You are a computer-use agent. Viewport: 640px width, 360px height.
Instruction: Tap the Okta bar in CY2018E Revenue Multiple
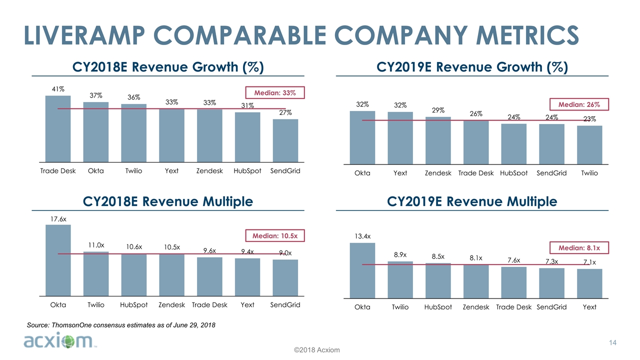coord(58,260)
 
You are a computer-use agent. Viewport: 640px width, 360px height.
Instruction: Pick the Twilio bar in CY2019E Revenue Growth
coord(589,144)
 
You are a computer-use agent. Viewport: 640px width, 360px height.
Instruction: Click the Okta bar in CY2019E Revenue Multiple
coord(362,270)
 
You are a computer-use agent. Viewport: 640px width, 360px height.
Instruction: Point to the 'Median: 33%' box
coord(275,92)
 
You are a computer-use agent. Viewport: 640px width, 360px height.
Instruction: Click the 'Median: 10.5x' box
coord(275,235)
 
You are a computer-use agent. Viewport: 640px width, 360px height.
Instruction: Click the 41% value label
coord(58,89)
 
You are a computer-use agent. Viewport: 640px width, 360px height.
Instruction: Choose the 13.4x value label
coord(362,236)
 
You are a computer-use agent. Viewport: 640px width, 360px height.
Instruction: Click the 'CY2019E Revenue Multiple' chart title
coord(472,201)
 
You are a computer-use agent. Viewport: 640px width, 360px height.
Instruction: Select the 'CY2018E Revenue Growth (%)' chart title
coord(168,67)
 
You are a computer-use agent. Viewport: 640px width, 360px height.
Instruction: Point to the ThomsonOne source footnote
coord(120,325)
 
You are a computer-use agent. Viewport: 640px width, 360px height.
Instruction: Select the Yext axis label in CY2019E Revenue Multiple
coord(589,307)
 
